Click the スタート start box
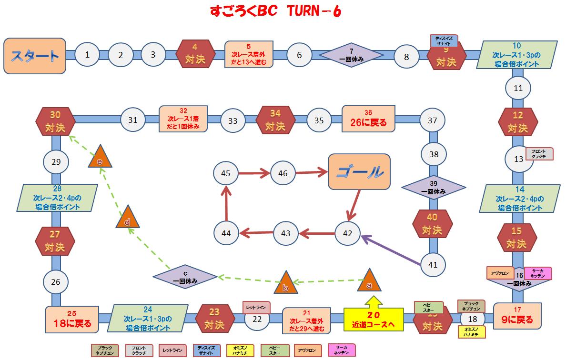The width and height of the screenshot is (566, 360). pyautogui.click(x=35, y=55)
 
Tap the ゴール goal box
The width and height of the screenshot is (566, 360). pyautogui.click(x=359, y=172)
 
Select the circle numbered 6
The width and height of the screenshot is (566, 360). pyautogui.click(x=299, y=55)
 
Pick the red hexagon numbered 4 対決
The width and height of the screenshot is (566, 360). pyautogui.click(x=194, y=55)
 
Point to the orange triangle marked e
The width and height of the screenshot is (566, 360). pyautogui.click(x=100, y=158)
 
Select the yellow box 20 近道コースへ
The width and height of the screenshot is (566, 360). pyautogui.click(x=374, y=320)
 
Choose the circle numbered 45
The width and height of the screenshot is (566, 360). pyautogui.click(x=226, y=173)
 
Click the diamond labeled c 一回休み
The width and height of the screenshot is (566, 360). pyautogui.click(x=185, y=276)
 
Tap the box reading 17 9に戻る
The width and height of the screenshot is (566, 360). pyautogui.click(x=518, y=316)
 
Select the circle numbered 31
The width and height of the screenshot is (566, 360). pyautogui.click(x=132, y=120)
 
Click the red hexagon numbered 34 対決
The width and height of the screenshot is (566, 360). pyautogui.click(x=275, y=120)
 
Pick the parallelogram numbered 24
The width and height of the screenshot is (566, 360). pyautogui.click(x=148, y=319)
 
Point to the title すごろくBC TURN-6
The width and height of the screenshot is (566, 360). pyautogui.click(x=275, y=11)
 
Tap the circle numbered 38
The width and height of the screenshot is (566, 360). pyautogui.click(x=434, y=154)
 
